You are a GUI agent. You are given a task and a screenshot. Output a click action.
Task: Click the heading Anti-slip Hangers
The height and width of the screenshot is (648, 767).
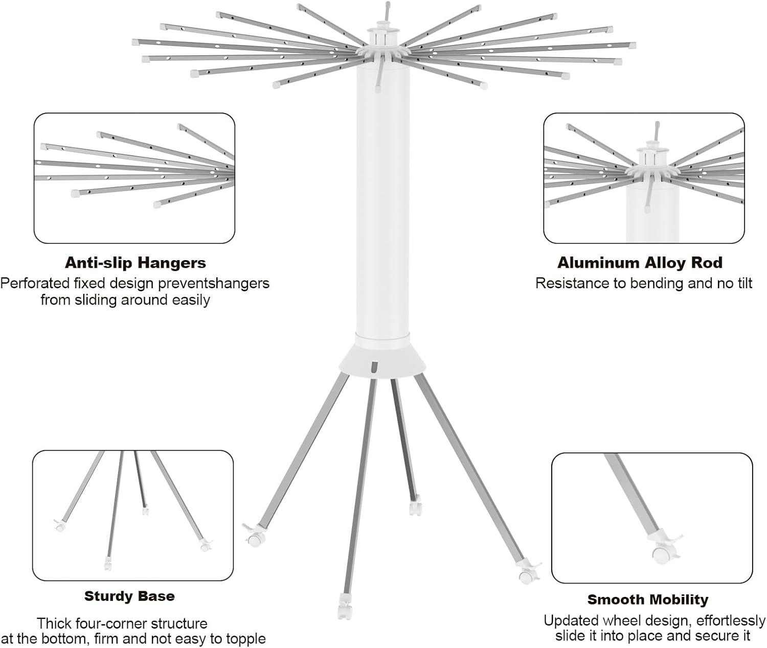(x=136, y=263)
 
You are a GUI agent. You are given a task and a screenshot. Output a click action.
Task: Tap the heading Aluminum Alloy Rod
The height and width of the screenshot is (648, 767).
(x=640, y=263)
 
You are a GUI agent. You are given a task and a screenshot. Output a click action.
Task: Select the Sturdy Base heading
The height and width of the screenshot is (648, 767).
(x=129, y=596)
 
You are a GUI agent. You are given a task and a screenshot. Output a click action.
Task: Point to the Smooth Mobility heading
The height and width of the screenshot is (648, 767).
(x=648, y=599)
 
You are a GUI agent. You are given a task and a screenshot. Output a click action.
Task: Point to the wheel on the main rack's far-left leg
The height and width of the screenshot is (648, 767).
(x=254, y=539)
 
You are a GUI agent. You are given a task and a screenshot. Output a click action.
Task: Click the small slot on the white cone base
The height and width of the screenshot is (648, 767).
(x=374, y=367)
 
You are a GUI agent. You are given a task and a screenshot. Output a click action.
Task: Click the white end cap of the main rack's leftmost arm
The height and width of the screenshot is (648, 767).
(x=136, y=42)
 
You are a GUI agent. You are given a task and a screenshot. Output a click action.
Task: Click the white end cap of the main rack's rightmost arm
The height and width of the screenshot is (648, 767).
(x=631, y=45)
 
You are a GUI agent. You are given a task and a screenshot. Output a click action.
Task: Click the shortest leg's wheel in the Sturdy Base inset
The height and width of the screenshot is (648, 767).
(x=145, y=511)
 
